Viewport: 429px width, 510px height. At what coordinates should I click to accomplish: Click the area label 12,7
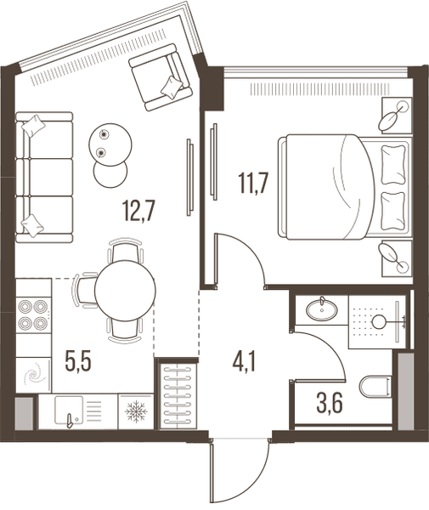pyautogui.click(x=139, y=211)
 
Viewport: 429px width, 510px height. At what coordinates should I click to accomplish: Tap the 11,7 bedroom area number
pyautogui.click(x=253, y=184)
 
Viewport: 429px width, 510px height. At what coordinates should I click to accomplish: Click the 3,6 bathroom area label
pyautogui.click(x=330, y=404)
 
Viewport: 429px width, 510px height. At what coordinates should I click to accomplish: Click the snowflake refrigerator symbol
pyautogui.click(x=136, y=411)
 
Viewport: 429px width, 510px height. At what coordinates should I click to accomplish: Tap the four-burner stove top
pyautogui.click(x=33, y=314)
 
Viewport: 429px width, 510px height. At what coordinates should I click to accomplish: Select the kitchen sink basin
pyautogui.click(x=69, y=411)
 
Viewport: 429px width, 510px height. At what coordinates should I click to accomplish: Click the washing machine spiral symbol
pyautogui.click(x=33, y=376)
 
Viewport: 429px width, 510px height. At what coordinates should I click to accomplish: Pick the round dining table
pyautogui.click(x=125, y=290)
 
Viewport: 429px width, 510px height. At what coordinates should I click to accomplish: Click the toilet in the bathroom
pyautogui.click(x=375, y=387)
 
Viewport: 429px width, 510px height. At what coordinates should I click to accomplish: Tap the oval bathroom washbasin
pyautogui.click(x=321, y=309)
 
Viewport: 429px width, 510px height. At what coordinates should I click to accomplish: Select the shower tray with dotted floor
pyautogui.click(x=377, y=321)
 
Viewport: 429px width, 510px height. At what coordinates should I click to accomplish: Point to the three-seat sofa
pyautogui.click(x=44, y=178)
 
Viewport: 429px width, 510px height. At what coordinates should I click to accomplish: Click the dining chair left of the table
pyautogui.click(x=85, y=290)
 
